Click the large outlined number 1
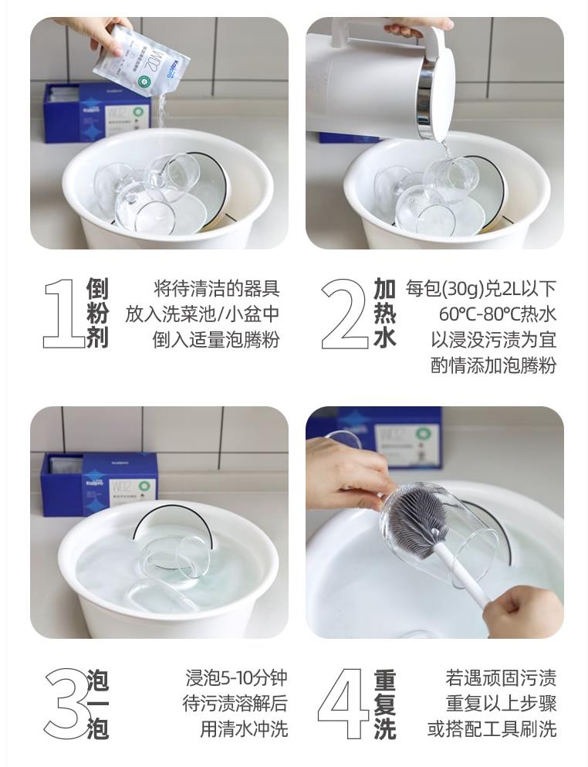pyautogui.click(x=63, y=314)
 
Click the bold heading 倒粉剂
pyautogui.click(x=97, y=314)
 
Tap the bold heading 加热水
pyautogui.click(x=384, y=314)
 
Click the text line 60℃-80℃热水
pyautogui.click(x=497, y=315)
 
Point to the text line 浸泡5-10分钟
pyautogui.click(x=236, y=679)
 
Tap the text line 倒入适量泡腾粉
pyautogui.click(x=215, y=340)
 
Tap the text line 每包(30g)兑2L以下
pyautogui.click(x=481, y=290)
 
